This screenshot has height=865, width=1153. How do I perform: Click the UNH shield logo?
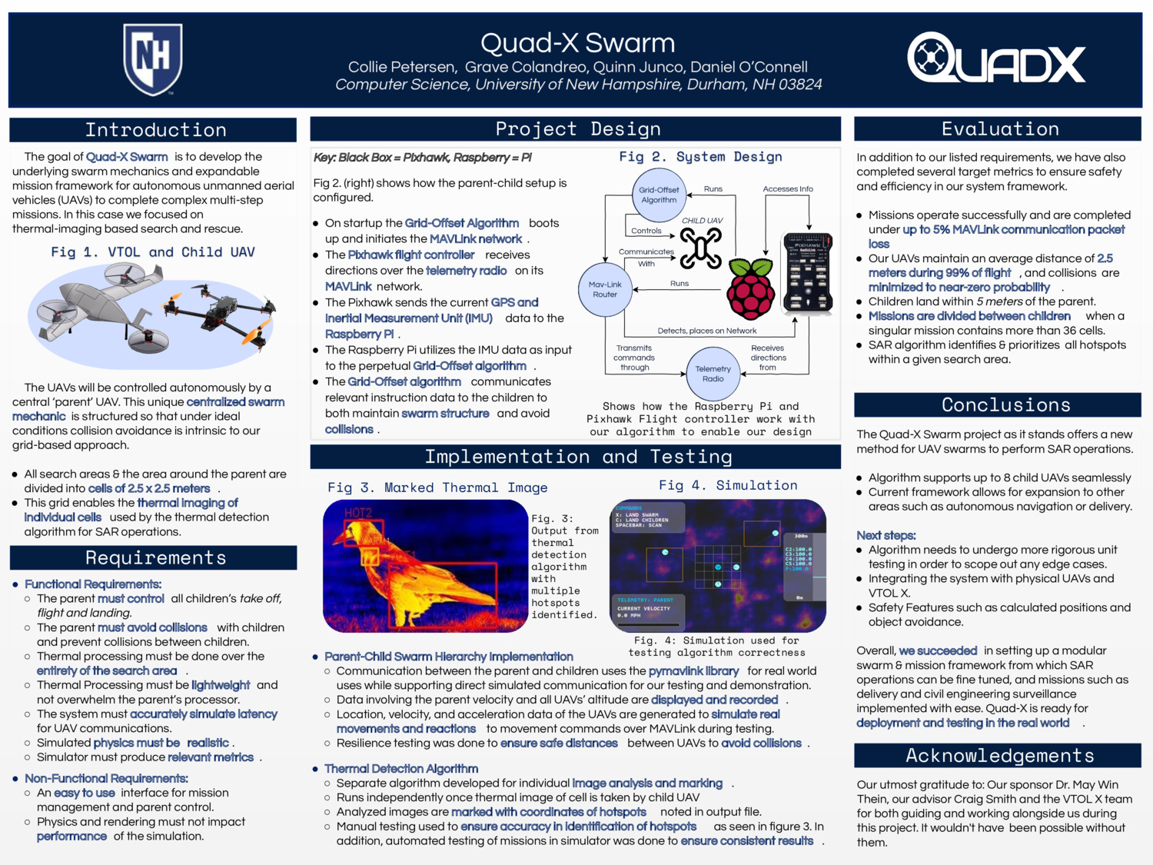153,58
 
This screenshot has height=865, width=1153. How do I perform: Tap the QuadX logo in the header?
996,58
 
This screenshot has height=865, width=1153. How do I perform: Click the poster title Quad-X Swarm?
577,43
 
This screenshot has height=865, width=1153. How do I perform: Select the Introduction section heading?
155,130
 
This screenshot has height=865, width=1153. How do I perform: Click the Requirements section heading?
155,557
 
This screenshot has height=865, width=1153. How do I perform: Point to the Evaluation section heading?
1000,129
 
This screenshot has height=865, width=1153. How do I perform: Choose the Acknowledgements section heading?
999,756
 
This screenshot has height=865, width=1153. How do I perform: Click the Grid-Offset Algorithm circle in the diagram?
659,195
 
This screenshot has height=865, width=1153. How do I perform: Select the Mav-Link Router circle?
605,289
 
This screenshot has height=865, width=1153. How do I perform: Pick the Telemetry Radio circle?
713,374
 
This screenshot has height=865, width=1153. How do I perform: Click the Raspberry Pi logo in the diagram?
750,289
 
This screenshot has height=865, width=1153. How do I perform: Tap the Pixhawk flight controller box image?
807,273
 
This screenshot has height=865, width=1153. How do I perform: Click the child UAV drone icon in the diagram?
700,248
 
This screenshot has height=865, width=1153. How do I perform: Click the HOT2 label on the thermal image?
357,513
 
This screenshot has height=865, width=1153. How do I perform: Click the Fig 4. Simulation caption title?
728,485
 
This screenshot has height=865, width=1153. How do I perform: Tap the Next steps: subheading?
886,535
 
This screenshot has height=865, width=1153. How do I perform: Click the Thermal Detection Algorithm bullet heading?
401,769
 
